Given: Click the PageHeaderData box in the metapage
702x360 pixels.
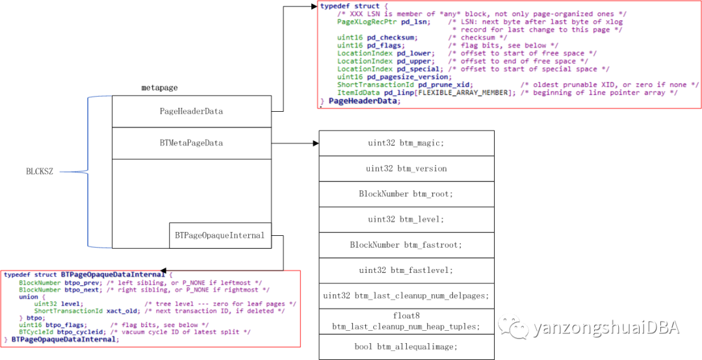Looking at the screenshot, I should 191,111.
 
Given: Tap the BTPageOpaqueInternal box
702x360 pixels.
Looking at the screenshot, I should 220,235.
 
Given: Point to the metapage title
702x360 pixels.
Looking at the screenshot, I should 159,87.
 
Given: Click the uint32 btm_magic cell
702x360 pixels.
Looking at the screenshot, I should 406,143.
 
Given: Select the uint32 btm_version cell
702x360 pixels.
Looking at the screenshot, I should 406,168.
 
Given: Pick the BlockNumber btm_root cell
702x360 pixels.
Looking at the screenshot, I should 406,194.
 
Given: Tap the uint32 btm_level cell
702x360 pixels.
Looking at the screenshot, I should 406,219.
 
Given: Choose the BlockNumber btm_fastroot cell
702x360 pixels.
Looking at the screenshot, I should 406,244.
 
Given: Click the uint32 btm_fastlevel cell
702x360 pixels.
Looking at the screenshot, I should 406,270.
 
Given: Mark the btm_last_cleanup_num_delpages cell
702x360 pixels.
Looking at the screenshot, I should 406,296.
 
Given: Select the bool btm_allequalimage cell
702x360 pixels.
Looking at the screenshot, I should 406,346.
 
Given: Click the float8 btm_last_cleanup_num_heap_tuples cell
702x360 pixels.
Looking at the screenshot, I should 406,321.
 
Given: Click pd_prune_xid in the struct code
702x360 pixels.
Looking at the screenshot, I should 444,85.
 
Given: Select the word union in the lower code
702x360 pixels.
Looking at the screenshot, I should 29,296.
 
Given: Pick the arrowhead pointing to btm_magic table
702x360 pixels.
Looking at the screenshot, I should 315,142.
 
